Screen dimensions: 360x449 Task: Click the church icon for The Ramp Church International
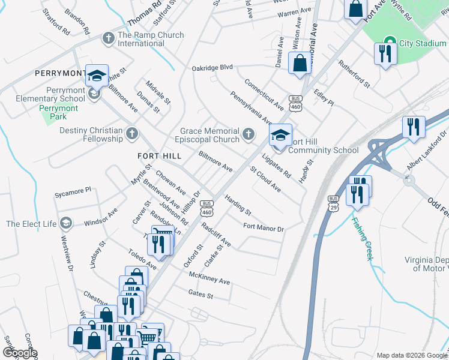pyautogui.click(x=108, y=39)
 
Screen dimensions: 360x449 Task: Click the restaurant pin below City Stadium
pyautogui.click(x=383, y=54)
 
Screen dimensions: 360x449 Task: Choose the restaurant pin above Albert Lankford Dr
pyautogui.click(x=414, y=127)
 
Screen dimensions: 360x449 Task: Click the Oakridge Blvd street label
pyautogui.click(x=212, y=68)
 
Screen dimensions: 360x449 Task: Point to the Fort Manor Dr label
pyautogui.click(x=263, y=228)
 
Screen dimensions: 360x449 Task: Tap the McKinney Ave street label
pyautogui.click(x=209, y=281)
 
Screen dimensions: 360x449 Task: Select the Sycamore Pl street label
pyautogui.click(x=73, y=190)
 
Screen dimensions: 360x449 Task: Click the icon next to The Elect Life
pyautogui.click(x=65, y=224)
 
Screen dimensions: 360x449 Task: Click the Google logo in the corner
pyautogui.click(x=19, y=353)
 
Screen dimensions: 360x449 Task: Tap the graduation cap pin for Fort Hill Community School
pyautogui.click(x=280, y=135)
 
